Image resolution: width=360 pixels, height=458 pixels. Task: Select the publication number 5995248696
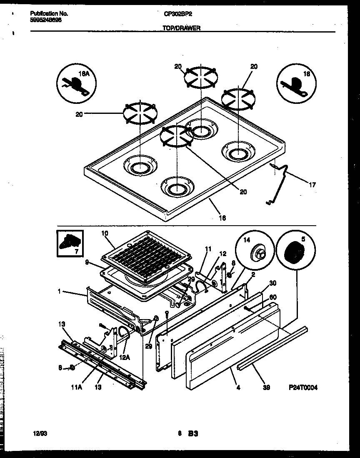tap(46, 20)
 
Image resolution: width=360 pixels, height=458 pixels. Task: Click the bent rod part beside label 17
tap(279, 184)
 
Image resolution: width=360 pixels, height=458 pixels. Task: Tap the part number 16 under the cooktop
tap(222, 217)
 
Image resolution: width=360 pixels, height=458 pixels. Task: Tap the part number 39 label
tap(266, 387)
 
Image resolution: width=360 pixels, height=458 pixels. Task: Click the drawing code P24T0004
tap(303, 388)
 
